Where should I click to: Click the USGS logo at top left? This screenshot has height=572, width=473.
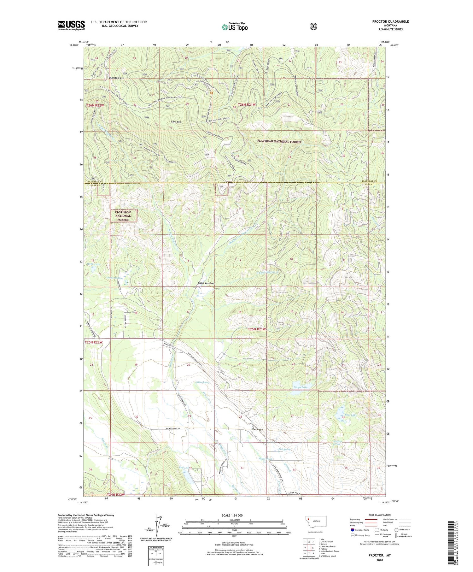pos(71,25)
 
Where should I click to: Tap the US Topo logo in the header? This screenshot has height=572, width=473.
pos(235,27)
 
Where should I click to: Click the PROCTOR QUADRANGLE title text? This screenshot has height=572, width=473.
pos(390,21)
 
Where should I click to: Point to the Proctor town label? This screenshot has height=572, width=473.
pos(257,429)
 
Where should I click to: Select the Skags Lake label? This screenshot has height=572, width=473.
pos(300,387)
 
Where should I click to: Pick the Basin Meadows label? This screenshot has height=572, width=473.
pos(207,283)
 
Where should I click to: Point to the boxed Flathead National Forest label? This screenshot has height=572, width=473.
pos(123,216)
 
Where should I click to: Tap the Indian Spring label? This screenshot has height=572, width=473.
pos(202,382)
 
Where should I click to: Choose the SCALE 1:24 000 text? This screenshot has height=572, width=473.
pos(232,516)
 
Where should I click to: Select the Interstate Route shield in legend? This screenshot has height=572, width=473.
pos(353,530)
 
